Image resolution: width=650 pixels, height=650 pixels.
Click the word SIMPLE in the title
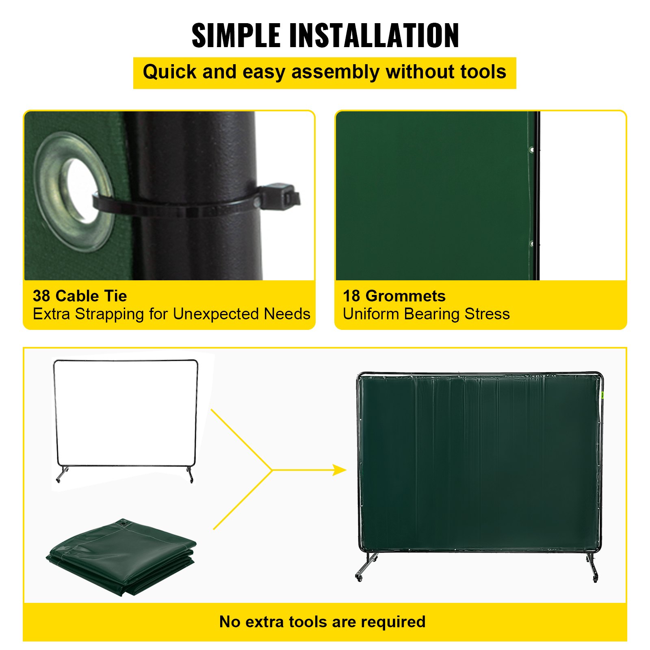236,36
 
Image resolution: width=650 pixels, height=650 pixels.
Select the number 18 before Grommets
351,296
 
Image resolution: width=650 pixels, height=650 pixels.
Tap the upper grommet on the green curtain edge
532,150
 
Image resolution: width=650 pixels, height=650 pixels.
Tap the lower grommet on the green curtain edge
532,244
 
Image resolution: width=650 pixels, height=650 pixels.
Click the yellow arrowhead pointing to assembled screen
339,470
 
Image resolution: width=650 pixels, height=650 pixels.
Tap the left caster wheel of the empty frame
58,480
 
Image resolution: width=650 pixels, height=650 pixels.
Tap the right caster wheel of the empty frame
191,481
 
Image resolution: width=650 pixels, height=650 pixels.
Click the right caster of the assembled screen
596,579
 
